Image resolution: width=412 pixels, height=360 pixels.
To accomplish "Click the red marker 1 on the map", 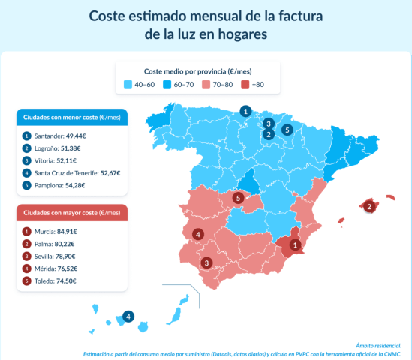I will click(295, 244).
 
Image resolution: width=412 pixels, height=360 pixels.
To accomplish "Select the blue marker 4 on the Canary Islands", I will click(128, 316).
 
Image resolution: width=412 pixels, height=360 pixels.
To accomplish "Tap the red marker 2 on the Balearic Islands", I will click(368, 205).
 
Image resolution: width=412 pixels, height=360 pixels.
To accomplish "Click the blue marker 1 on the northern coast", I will click(245, 111).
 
